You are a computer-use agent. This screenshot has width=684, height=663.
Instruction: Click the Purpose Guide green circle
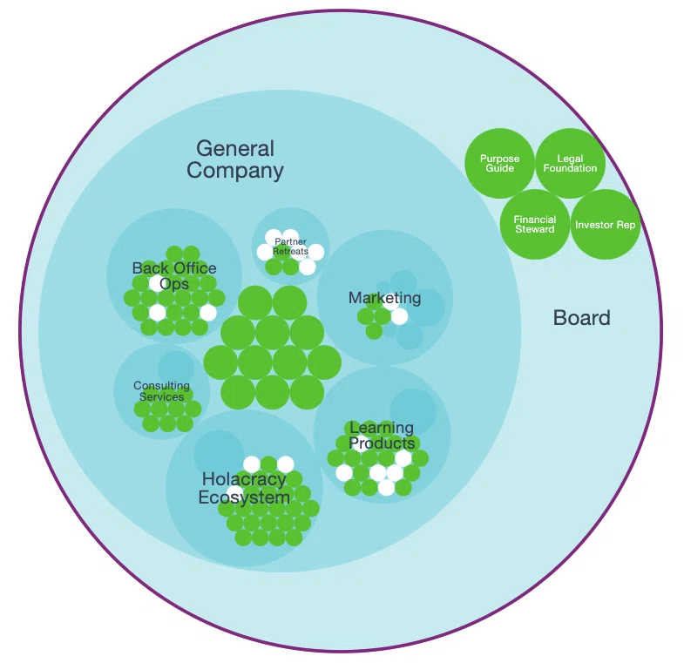(x=499, y=164)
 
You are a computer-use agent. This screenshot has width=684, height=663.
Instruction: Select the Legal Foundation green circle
(x=570, y=164)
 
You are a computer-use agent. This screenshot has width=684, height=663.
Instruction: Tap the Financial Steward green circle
(x=535, y=224)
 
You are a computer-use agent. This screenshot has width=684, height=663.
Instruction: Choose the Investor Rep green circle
(x=606, y=224)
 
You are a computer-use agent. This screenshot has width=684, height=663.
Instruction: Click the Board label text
(x=581, y=317)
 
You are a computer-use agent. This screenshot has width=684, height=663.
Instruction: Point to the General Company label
(x=235, y=159)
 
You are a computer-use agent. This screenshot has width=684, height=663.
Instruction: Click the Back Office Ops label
(x=174, y=275)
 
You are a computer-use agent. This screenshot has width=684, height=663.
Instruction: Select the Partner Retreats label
(x=290, y=247)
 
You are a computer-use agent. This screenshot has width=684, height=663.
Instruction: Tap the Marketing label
(x=385, y=298)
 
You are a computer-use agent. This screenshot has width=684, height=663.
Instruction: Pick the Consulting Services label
(x=161, y=391)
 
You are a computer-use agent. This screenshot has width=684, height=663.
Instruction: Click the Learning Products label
(x=382, y=436)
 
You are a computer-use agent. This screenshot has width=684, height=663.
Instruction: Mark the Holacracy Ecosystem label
(x=244, y=488)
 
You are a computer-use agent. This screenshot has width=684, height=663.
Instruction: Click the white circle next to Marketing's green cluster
(x=399, y=316)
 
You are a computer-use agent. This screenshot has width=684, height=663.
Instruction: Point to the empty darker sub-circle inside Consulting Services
(x=176, y=369)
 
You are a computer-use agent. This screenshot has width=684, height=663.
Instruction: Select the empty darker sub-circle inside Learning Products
(x=413, y=411)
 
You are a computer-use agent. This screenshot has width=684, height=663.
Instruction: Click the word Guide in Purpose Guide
(x=499, y=168)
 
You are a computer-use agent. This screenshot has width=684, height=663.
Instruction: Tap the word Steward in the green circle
(x=535, y=229)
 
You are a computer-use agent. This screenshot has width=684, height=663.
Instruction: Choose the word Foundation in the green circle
(x=570, y=168)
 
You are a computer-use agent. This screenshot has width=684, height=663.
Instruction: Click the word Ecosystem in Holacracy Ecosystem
(x=244, y=497)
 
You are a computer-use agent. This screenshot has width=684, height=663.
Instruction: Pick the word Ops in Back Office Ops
(x=174, y=284)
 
